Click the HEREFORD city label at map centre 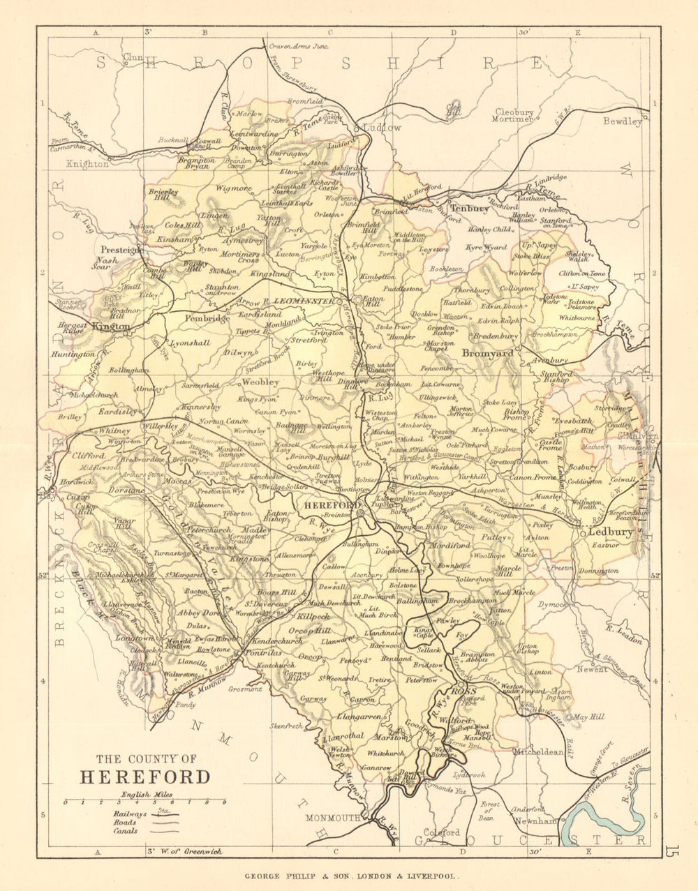(x=328, y=504)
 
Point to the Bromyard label (x=487, y=353)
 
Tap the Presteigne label (x=121, y=249)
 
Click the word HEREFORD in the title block (x=144, y=777)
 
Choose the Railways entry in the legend (x=129, y=814)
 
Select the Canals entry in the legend (x=126, y=831)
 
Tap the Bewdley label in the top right (x=623, y=121)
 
